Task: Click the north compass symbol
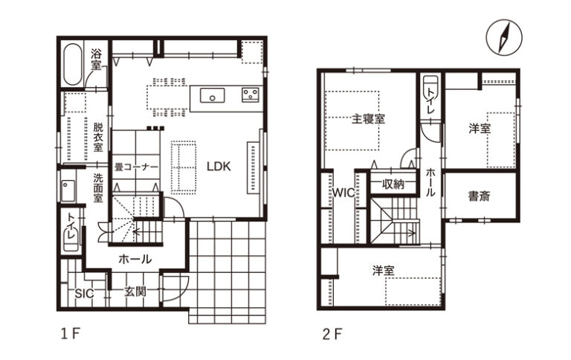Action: [504, 37]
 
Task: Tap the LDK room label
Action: [219, 167]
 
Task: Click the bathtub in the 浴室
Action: [73, 65]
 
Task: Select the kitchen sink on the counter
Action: [213, 96]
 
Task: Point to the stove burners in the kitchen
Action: [251, 94]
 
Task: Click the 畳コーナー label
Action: [136, 167]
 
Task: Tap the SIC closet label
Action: [84, 293]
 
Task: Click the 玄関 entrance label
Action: [135, 292]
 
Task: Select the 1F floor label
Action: [70, 333]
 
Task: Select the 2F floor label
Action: [332, 334]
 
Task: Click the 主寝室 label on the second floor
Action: [368, 119]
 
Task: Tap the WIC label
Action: [343, 193]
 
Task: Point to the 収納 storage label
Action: [393, 184]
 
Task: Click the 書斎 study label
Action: [480, 196]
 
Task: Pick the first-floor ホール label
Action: [135, 260]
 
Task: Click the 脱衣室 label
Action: [98, 138]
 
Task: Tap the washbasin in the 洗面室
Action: [68, 190]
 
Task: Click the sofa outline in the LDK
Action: [184, 167]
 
